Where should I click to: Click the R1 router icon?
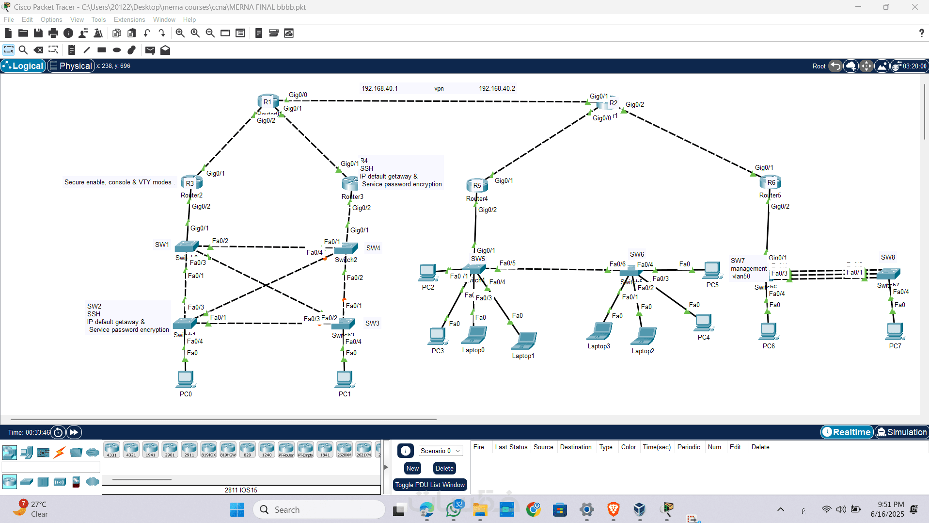[x=268, y=101]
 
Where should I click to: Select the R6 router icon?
[x=771, y=182]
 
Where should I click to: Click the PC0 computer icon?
[x=185, y=379]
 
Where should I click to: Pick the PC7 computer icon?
[x=895, y=331]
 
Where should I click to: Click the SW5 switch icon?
[x=473, y=269]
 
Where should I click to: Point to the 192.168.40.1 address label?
[x=379, y=88]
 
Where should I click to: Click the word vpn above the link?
[x=439, y=89]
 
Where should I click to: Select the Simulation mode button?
[x=901, y=432]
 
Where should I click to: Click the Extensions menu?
[x=129, y=19]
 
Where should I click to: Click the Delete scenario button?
[x=444, y=468]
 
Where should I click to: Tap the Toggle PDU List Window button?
[x=429, y=485]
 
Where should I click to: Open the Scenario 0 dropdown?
[x=440, y=451]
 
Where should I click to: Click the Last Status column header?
[x=511, y=447]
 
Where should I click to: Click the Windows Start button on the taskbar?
[x=237, y=509]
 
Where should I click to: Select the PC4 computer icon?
[x=703, y=322]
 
